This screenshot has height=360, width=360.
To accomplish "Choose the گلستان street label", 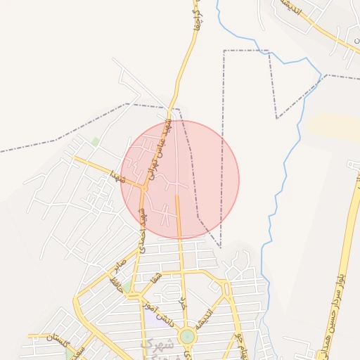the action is (x=59, y=340).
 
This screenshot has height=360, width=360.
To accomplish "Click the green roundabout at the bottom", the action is (x=186, y=337).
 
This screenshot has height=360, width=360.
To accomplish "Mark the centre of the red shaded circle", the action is (x=180, y=179).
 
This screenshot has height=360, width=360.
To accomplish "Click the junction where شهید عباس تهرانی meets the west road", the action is (x=144, y=188).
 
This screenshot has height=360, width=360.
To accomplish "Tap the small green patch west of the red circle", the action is (x=95, y=141).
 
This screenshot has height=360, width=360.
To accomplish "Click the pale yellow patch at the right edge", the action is (x=331, y=125).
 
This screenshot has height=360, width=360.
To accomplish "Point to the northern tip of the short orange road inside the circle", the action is (x=176, y=198).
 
